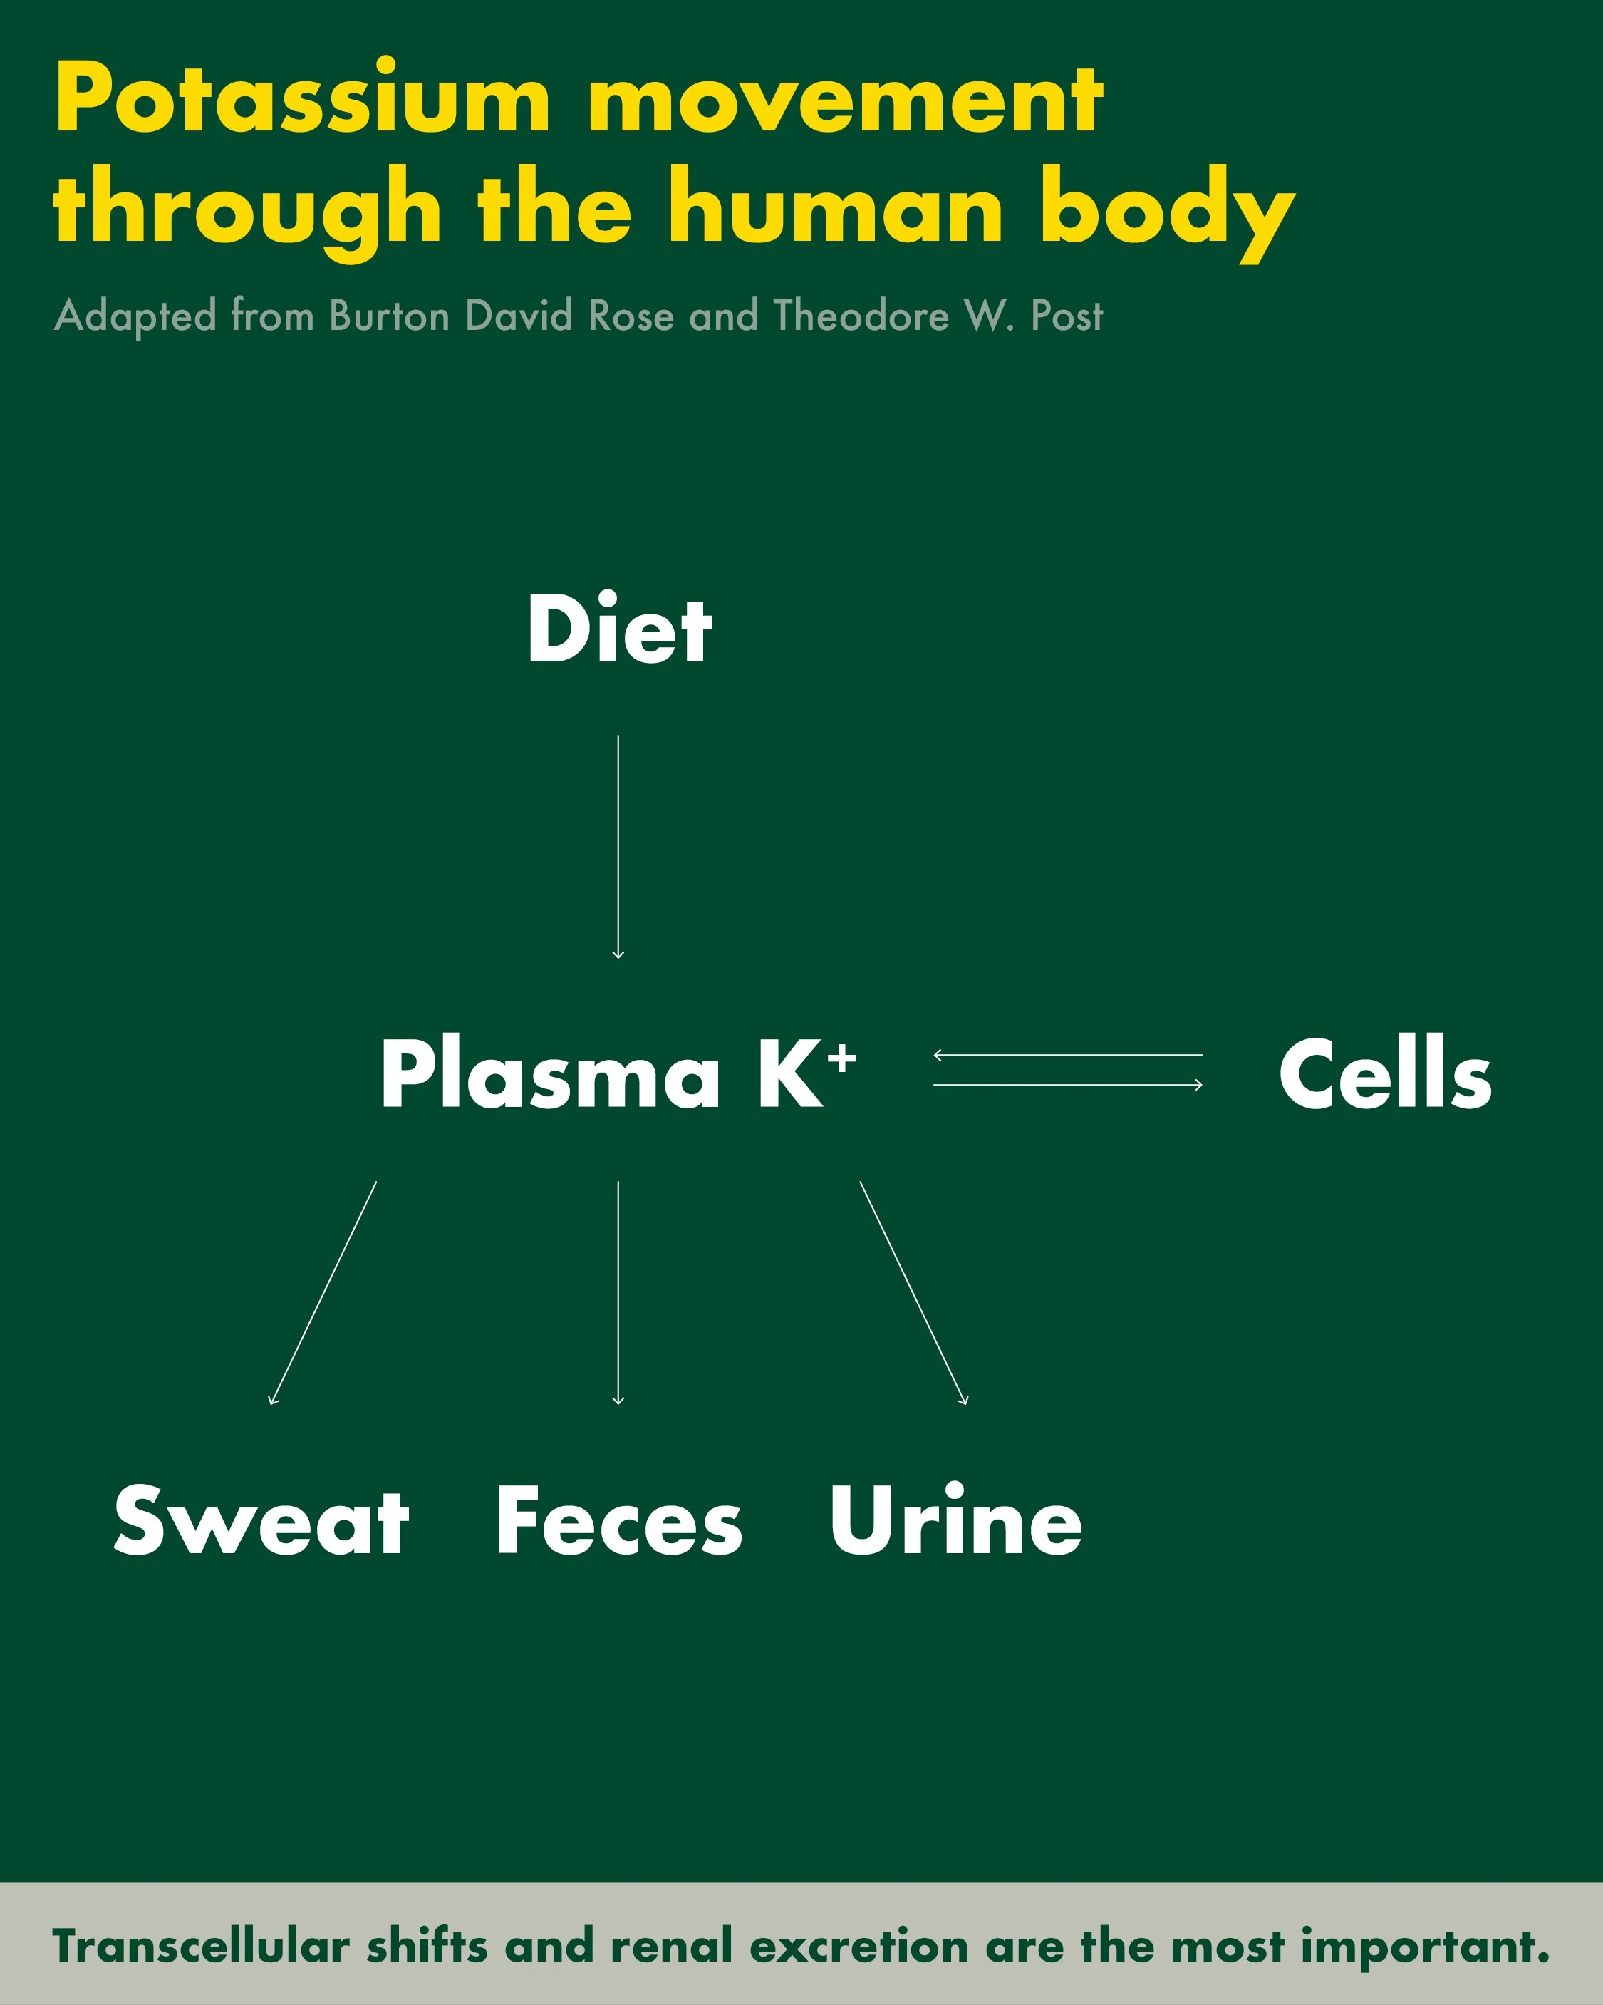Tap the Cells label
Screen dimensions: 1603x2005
(1384, 1074)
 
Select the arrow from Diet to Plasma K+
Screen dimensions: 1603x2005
(618, 846)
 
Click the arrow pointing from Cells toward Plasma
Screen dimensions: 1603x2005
(1067, 1056)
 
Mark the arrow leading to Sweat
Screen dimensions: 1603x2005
(323, 1293)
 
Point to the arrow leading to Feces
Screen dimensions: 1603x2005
(618, 1293)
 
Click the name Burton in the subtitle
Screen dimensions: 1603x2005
(390, 316)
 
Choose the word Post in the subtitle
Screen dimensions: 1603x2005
(1067, 316)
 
